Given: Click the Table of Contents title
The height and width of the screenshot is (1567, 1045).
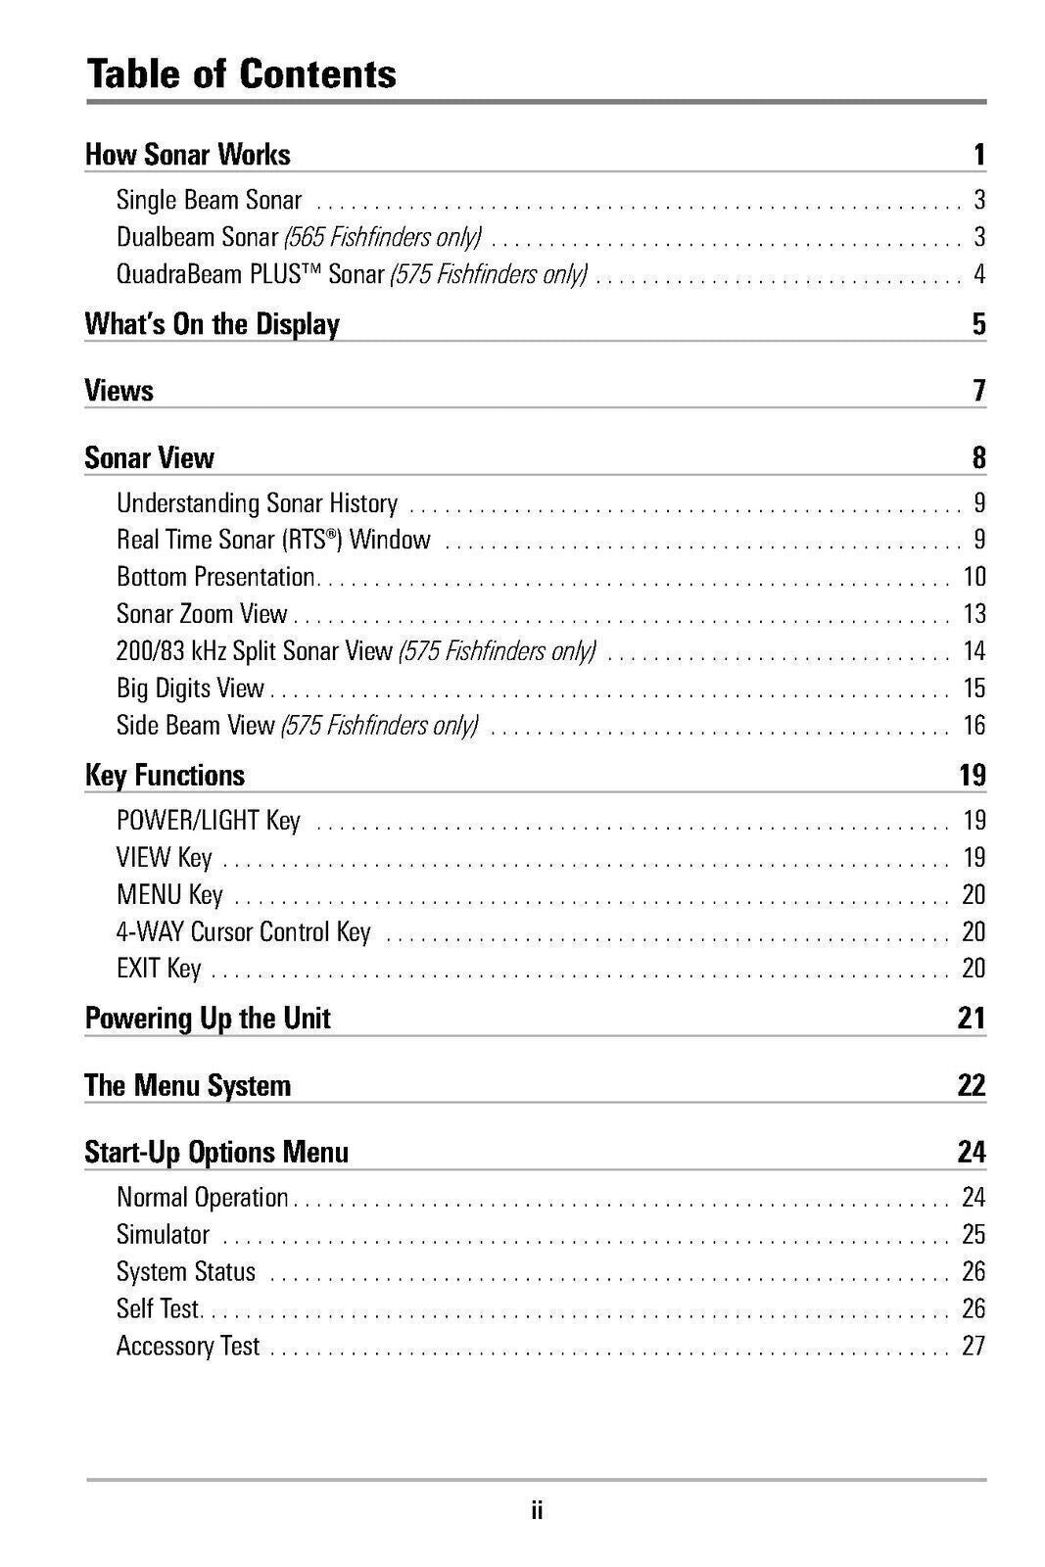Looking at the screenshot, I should click(241, 73).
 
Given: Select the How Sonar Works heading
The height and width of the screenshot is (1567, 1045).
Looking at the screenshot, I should click(187, 155).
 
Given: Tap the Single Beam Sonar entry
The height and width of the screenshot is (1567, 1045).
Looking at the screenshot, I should click(209, 200).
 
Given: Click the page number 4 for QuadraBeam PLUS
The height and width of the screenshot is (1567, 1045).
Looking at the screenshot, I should click(978, 274).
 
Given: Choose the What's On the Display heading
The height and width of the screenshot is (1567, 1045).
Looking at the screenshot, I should click(212, 324).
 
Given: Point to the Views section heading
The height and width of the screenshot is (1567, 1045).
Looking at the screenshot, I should click(119, 391).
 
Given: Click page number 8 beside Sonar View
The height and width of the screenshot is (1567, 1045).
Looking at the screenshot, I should click(978, 458).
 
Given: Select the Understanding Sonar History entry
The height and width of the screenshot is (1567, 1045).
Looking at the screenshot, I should click(257, 503).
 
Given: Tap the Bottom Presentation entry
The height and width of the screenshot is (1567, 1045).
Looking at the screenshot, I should click(215, 577).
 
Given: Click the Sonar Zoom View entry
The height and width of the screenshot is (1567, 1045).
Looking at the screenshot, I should click(202, 614).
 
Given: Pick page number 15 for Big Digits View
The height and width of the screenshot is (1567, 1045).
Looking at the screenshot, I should click(974, 689).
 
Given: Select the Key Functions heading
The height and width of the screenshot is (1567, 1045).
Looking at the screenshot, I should click(165, 776).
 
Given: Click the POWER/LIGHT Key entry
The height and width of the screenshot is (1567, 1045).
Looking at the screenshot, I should click(208, 821).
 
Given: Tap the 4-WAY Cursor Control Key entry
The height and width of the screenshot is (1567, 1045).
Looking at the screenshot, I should click(243, 931).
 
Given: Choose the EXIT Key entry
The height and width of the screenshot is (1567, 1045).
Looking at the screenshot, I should click(159, 969).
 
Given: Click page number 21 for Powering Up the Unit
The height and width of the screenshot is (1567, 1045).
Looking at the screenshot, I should click(972, 1019).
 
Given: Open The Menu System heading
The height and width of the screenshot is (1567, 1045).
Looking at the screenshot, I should click(187, 1085).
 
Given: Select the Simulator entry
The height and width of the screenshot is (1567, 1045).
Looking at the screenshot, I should click(163, 1235).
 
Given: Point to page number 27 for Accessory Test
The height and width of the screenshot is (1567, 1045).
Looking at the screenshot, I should click(973, 1346).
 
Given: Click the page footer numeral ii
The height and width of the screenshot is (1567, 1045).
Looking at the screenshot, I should click(536, 1510).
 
